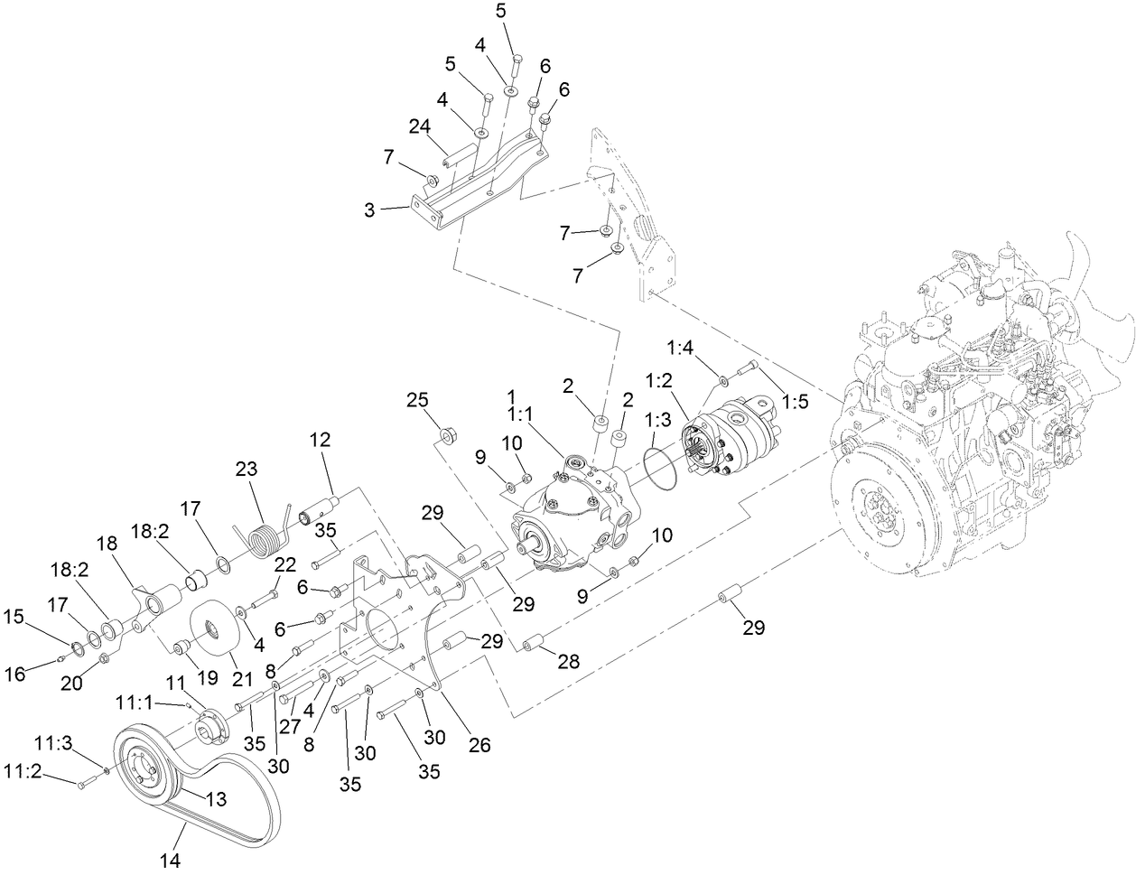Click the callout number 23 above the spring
pos(247,470)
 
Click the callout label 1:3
pos(656,420)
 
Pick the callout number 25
pos(416,400)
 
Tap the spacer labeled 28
pos(533,643)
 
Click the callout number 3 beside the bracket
pos(369,209)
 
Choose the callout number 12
pos(320,440)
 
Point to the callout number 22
pos(284,565)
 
